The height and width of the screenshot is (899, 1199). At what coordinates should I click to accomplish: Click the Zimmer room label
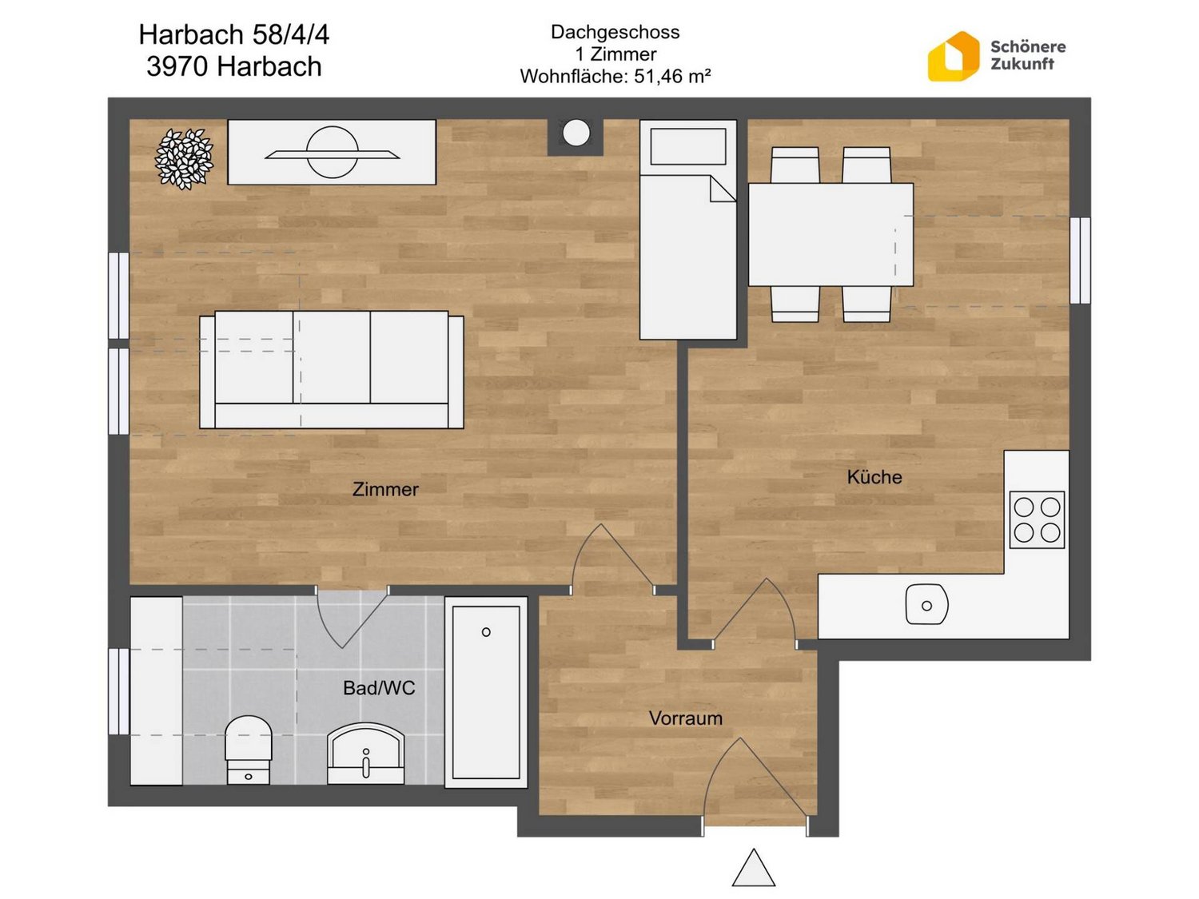pos(385,488)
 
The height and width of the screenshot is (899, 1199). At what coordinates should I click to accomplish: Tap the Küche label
pos(874,476)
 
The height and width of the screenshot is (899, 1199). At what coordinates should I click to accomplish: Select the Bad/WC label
pos(379,688)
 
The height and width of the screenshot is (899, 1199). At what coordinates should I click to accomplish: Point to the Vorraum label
pos(685,718)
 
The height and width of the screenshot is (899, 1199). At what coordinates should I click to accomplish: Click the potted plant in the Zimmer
pos(184,159)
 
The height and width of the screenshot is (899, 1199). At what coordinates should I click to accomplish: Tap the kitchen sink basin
pos(926,605)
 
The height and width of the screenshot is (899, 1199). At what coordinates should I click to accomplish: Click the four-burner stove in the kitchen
pos(1036,519)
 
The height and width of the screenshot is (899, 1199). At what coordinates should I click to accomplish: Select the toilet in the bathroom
pos(249,750)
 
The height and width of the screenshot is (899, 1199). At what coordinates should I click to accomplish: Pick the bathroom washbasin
pos(365,754)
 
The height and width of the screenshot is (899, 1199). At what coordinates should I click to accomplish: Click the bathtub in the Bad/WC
pos(486,691)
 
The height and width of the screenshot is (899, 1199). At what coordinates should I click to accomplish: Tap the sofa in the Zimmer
pos(331,369)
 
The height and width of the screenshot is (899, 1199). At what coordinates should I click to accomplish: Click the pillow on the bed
pos(687,145)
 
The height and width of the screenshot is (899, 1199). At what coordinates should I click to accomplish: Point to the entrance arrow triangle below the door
pos(753,867)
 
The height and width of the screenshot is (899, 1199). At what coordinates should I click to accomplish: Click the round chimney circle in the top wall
pos(576,133)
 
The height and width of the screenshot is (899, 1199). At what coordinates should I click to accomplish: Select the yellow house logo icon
pos(953,56)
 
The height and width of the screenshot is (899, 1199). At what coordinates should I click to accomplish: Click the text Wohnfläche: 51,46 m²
pos(615,76)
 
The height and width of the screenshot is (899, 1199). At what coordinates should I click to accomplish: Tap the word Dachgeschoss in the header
pos(615,32)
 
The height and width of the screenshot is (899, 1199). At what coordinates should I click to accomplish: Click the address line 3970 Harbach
pos(233,66)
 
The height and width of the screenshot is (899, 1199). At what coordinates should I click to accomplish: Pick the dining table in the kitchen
pos(831,234)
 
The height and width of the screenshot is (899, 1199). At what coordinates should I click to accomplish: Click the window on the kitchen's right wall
pos(1080,260)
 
